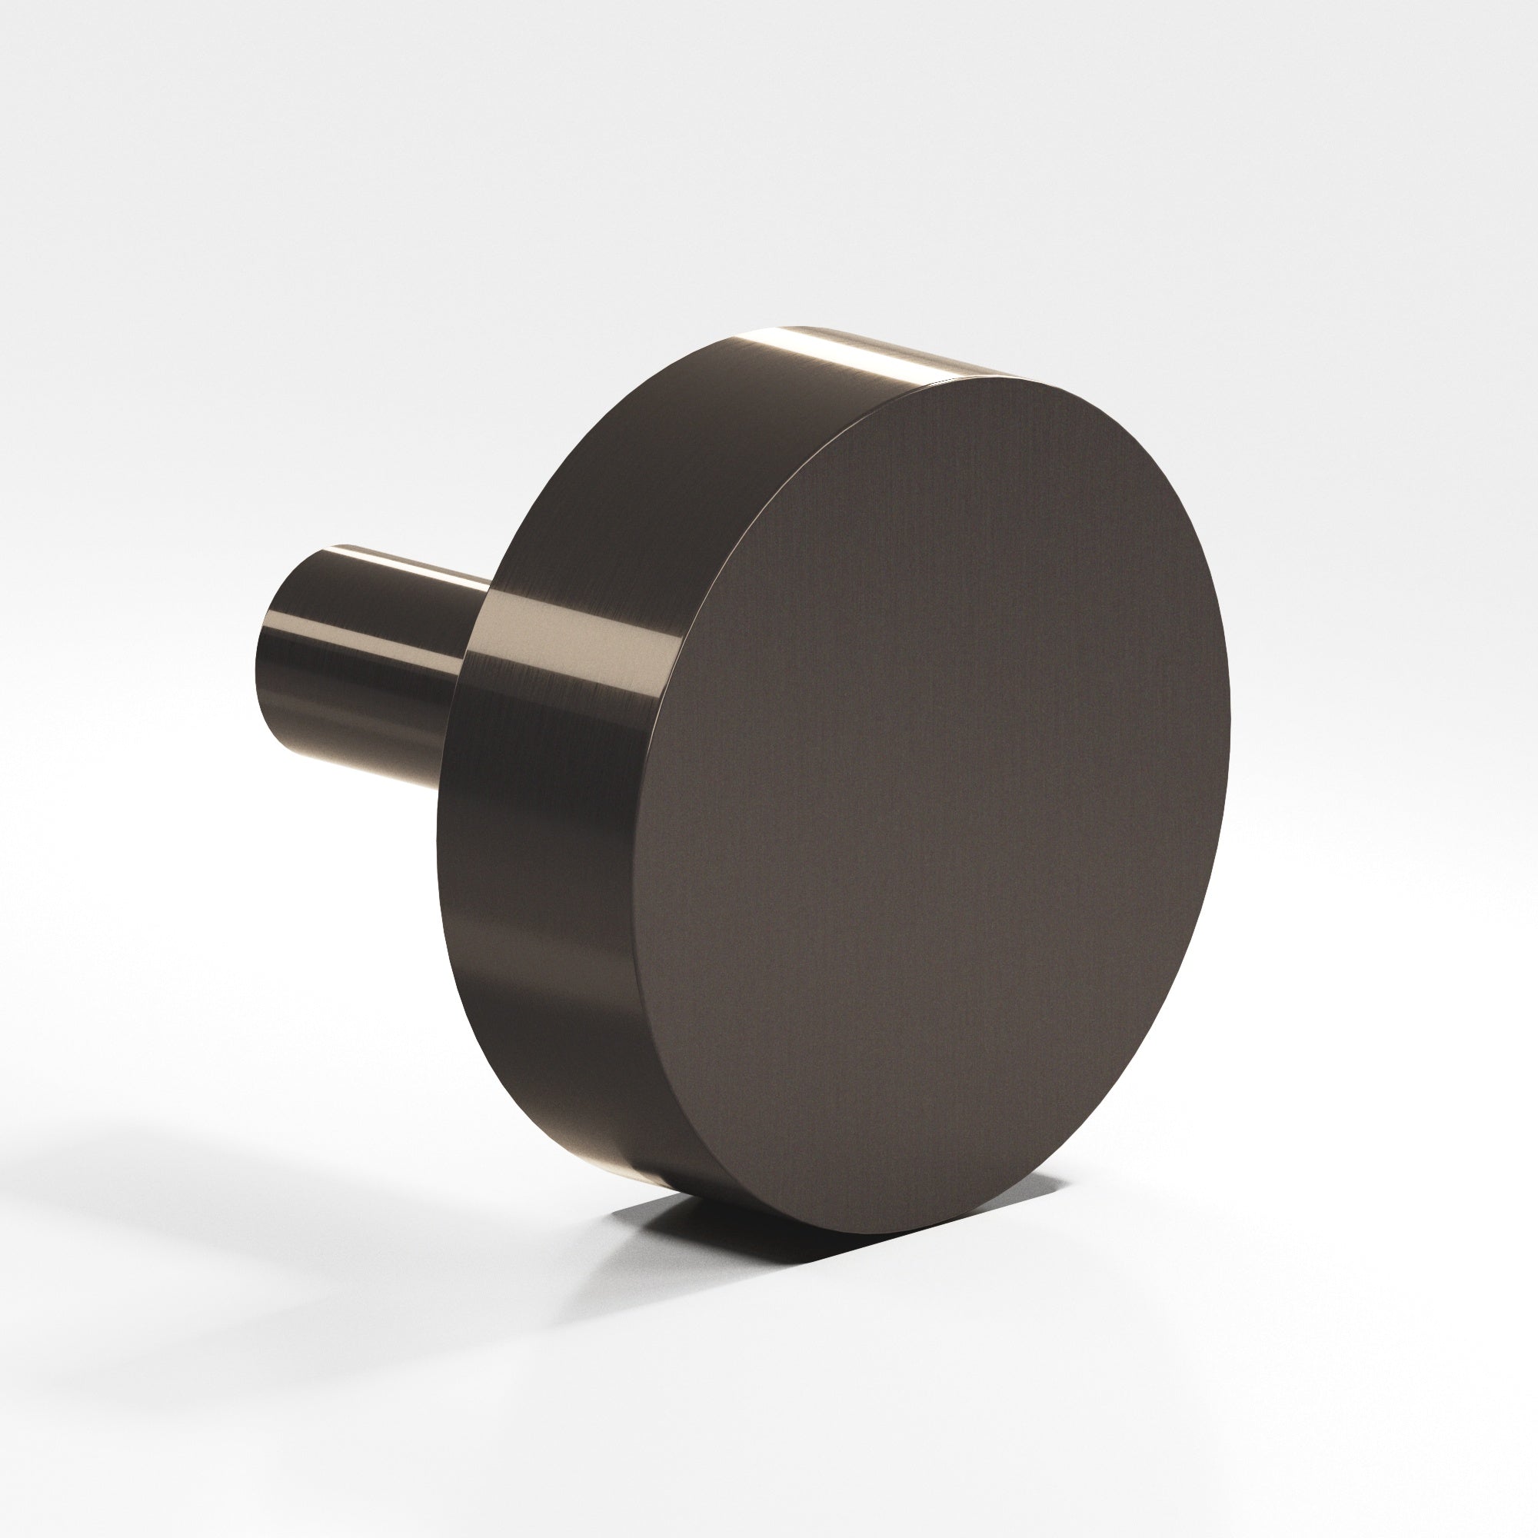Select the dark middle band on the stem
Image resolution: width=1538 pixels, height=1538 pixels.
point(358,661)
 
